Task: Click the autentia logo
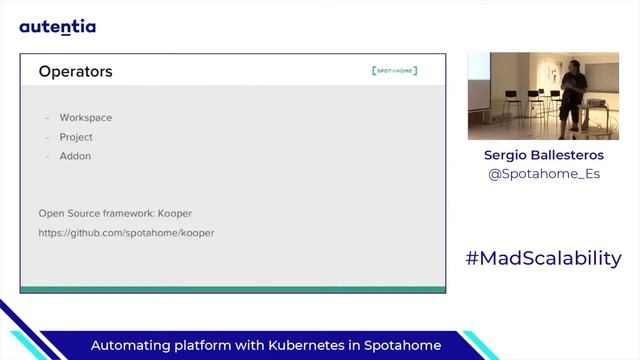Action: click(x=58, y=27)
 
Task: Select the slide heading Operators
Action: click(x=75, y=72)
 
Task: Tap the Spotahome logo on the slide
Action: click(x=394, y=71)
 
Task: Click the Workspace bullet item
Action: click(x=85, y=118)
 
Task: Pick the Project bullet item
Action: click(x=76, y=137)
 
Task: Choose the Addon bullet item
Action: click(x=75, y=156)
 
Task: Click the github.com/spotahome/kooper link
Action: click(x=126, y=233)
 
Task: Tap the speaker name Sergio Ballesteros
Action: click(x=543, y=155)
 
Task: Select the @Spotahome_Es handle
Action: click(x=543, y=174)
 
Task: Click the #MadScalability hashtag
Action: click(x=543, y=258)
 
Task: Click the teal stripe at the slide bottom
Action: click(x=233, y=289)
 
